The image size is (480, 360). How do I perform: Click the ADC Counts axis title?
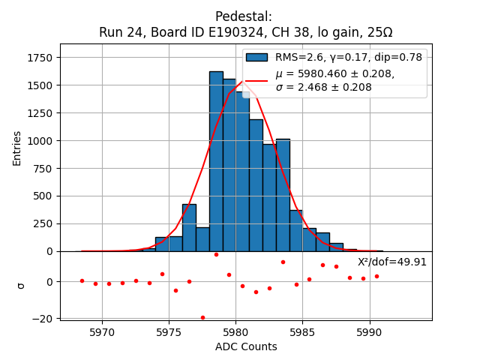click(246, 346)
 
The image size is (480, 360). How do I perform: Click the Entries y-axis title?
click(17, 148)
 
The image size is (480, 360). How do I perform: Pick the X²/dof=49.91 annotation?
click(391, 262)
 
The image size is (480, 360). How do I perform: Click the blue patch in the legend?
click(256, 58)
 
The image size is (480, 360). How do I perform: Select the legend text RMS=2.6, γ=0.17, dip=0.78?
click(348, 57)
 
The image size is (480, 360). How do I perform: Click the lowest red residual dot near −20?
click(202, 317)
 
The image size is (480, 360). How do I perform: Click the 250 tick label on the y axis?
click(43, 223)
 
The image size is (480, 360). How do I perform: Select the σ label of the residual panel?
click(20, 286)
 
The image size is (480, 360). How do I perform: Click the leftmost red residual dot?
click(82, 280)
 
